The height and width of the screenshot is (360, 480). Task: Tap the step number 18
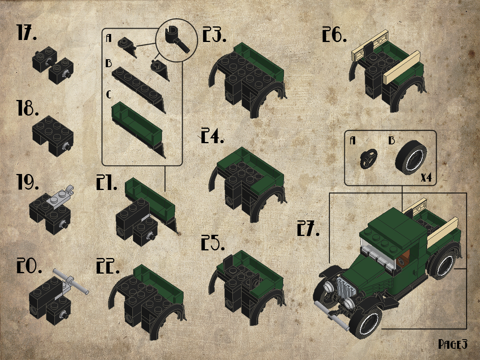click(x=28, y=108)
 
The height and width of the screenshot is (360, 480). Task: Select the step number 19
click(x=28, y=183)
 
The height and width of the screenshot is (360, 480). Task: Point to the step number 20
click(x=29, y=266)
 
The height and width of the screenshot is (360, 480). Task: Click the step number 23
click(x=214, y=34)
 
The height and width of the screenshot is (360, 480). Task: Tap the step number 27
click(x=308, y=228)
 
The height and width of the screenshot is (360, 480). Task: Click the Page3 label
click(x=453, y=344)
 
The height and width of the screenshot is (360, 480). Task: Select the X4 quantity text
click(x=426, y=178)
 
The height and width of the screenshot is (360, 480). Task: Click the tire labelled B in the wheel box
click(x=411, y=157)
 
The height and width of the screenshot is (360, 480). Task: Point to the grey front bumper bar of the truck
click(x=332, y=316)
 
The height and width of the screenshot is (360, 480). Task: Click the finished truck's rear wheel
click(x=442, y=264)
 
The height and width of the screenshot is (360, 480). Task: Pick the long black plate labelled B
click(x=139, y=89)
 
